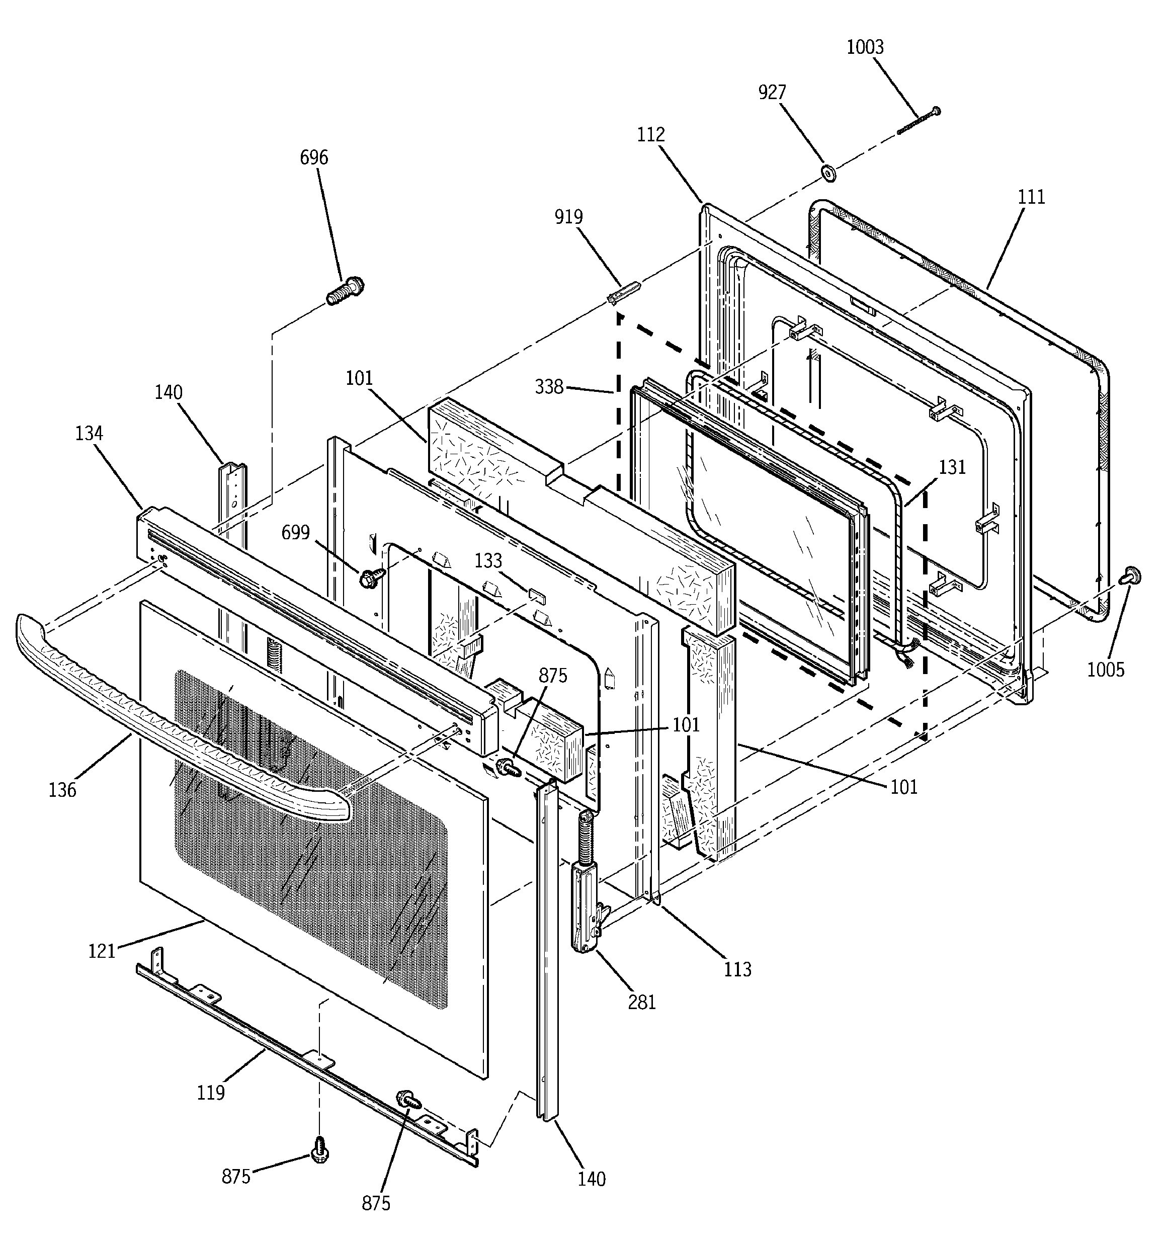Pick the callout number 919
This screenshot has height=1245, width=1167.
(568, 217)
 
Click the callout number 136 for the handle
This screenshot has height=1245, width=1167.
(63, 790)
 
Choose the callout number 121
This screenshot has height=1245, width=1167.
(102, 951)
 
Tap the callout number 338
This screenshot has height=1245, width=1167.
(549, 388)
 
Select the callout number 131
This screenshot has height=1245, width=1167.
(952, 467)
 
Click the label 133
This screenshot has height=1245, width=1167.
(488, 560)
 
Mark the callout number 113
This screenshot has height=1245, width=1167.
(737, 969)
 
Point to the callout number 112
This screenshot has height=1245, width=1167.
(651, 135)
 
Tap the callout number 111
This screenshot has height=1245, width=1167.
(1031, 197)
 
